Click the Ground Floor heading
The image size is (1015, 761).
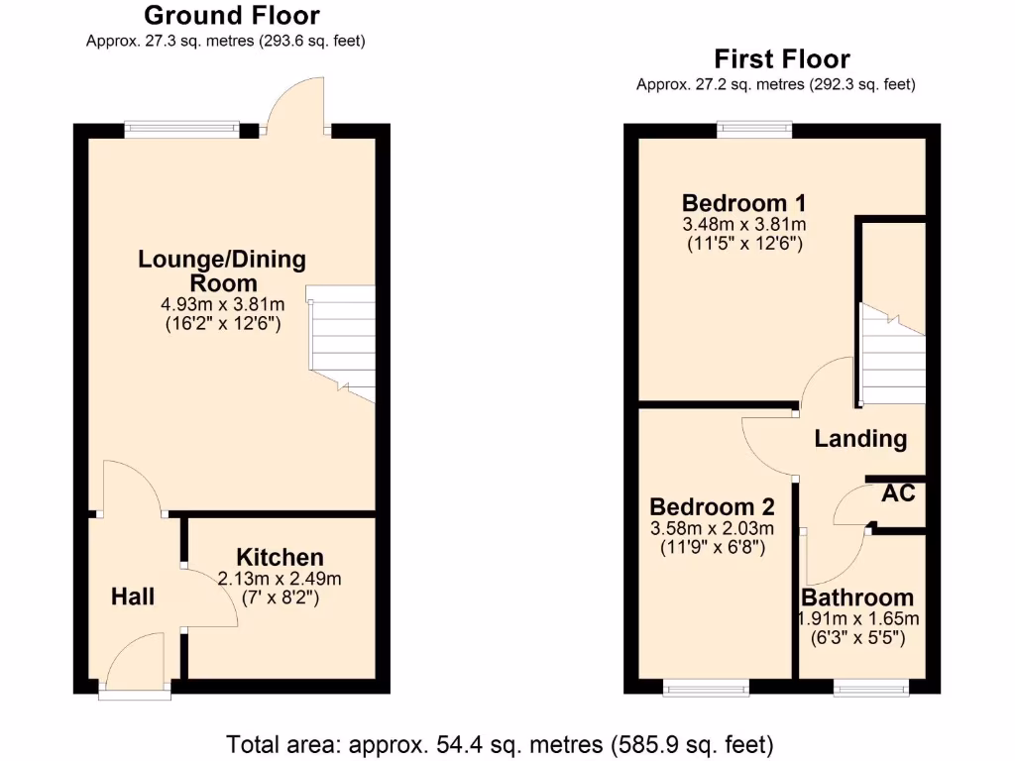[232, 16]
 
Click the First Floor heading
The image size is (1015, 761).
[782, 59]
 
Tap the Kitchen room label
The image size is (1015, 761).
[280, 557]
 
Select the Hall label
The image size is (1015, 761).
[133, 597]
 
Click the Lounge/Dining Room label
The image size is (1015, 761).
[222, 272]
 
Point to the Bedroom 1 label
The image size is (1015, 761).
[744, 205]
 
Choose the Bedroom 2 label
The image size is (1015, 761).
[712, 506]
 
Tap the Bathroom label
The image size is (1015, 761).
[857, 598]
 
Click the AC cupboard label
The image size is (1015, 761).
[898, 493]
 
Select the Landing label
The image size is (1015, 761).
[860, 438]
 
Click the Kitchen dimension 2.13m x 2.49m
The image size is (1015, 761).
[280, 579]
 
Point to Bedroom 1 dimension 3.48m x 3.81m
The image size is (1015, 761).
[744, 224]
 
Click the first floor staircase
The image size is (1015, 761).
[892, 357]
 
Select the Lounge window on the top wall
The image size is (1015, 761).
[181, 128]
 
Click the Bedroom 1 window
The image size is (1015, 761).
[755, 128]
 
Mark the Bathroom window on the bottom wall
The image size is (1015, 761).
[869, 686]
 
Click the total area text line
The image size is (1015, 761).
[500, 743]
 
